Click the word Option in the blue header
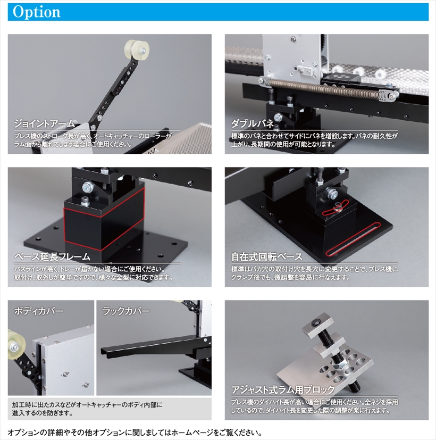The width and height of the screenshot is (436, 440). point(37,12)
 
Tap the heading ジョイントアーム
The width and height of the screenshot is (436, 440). point(45,123)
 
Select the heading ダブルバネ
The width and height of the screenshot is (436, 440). point(252,123)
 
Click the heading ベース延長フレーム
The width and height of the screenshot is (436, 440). point(52,256)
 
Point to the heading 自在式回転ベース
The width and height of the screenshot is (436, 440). point(266,256)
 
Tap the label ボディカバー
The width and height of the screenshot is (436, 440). point(38,311)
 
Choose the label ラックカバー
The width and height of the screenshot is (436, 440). point(126,311)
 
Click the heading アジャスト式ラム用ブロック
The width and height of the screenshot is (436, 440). point(283,389)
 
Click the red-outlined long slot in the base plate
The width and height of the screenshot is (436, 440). point(353,239)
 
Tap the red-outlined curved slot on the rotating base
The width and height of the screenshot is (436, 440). point(336,207)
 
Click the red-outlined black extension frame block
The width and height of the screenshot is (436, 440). point(104,219)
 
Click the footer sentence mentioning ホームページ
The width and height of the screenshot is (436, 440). point(135,433)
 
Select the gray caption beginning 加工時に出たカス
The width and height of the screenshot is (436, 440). point(87,409)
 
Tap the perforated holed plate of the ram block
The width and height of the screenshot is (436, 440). point(325,371)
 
